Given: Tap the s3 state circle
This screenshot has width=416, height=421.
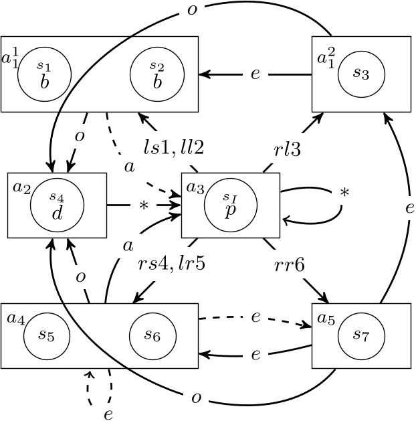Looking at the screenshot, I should coord(361,74).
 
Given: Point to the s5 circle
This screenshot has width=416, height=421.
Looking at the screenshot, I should coord(47,336).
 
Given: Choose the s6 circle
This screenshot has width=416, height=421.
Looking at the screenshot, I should coord(153,336).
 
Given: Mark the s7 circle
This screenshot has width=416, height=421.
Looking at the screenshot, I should coord(361,336).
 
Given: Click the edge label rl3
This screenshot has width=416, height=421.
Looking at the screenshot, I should coord(288,150).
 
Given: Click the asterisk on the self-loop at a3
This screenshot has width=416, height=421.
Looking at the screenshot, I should coord(344,193).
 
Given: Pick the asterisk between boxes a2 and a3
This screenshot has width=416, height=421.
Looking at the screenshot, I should coord(143,205).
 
